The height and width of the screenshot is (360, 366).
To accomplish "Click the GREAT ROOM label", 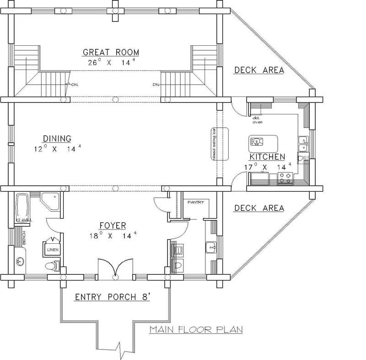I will pos(111,52).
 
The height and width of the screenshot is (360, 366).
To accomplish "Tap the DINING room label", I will pos(57,138).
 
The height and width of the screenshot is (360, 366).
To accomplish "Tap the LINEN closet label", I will pos(50,250).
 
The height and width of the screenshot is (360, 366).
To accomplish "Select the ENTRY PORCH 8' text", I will pos(113,297).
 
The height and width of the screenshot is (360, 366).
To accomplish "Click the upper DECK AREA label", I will pos(259,70).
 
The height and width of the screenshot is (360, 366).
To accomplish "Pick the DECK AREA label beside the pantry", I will pos(259,209).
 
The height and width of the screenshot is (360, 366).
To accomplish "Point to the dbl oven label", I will pos(256,120).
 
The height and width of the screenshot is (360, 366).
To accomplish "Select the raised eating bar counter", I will pos(213,144).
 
